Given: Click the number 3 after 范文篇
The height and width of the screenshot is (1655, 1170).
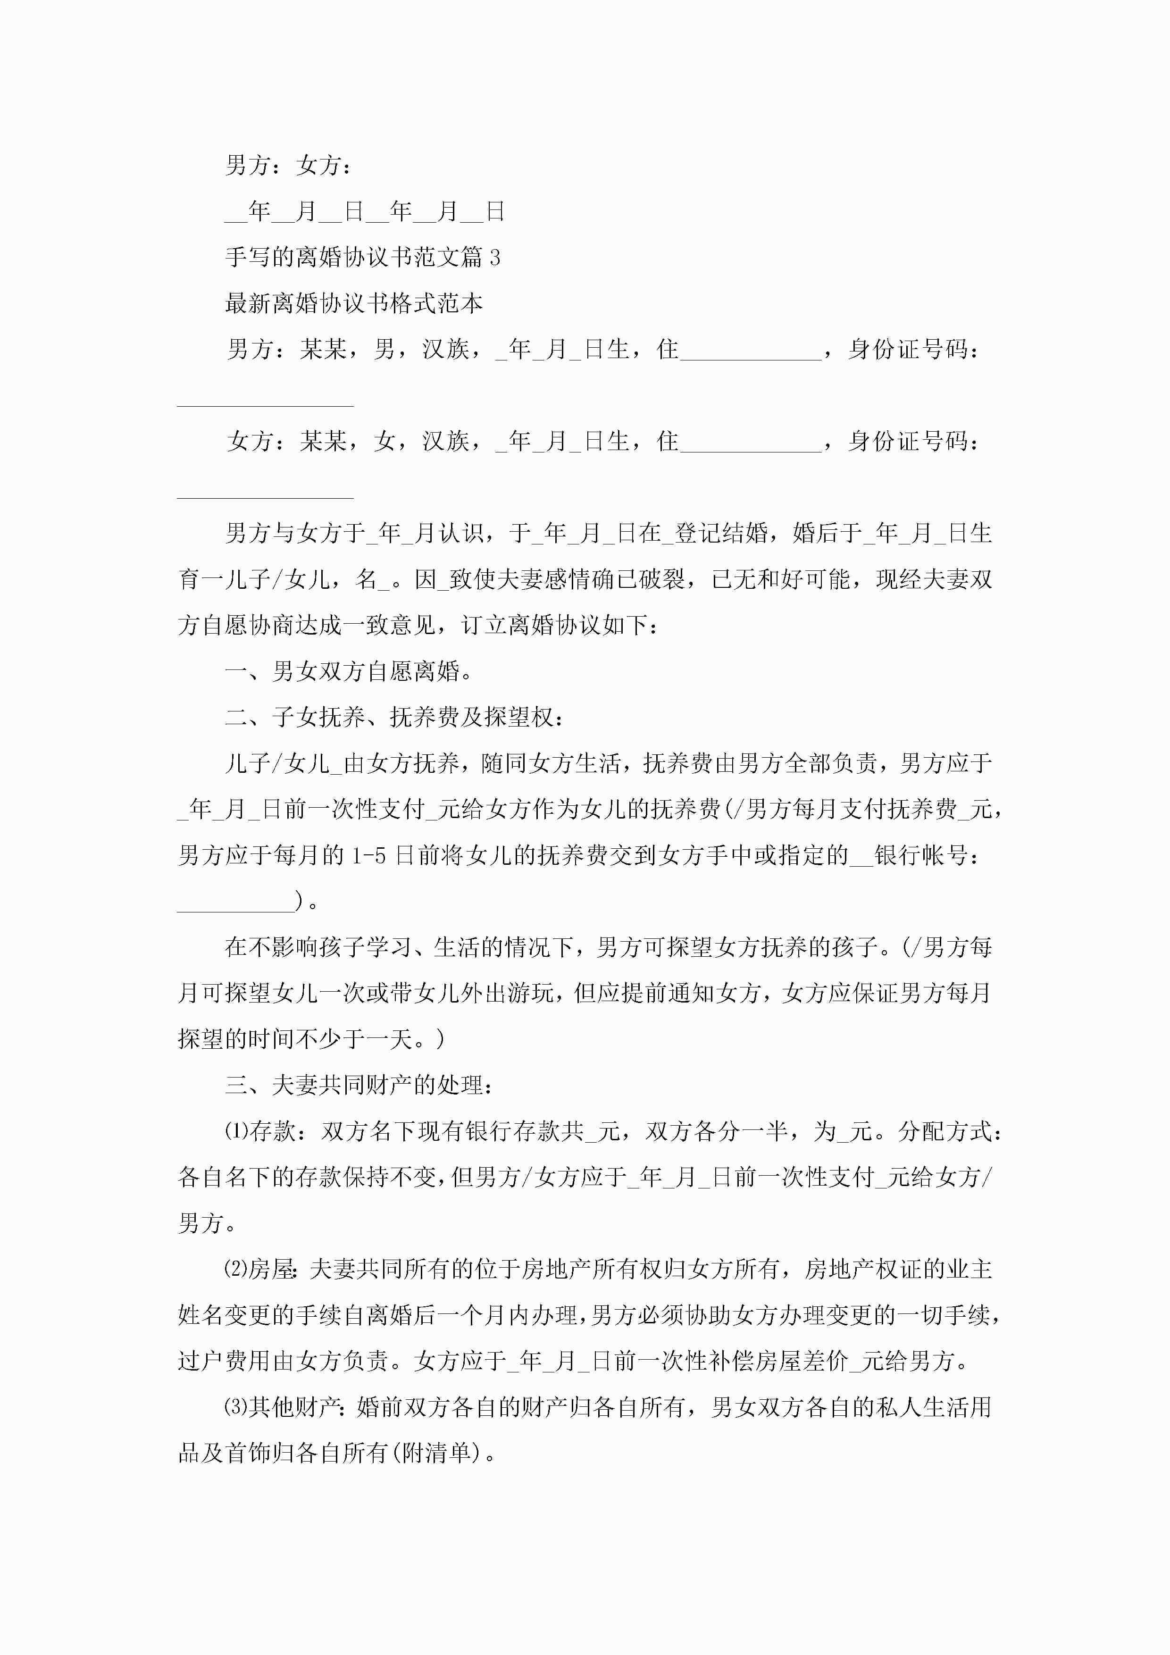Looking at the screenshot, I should coord(494,257).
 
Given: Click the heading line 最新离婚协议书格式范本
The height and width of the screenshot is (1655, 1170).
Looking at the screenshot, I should coord(353,303).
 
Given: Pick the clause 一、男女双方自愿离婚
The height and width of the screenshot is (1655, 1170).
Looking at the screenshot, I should coord(349,672).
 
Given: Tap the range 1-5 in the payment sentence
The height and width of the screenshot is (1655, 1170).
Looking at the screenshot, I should coord(370,856).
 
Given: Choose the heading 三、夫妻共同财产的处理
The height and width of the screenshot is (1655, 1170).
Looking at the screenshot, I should coord(359,1086).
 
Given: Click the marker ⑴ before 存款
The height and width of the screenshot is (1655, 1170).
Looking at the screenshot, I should coord(236,1132).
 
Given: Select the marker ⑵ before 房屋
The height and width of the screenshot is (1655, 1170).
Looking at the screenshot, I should coord(236,1270).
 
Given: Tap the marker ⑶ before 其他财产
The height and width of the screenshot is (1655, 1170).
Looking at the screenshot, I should coord(236,1407).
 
